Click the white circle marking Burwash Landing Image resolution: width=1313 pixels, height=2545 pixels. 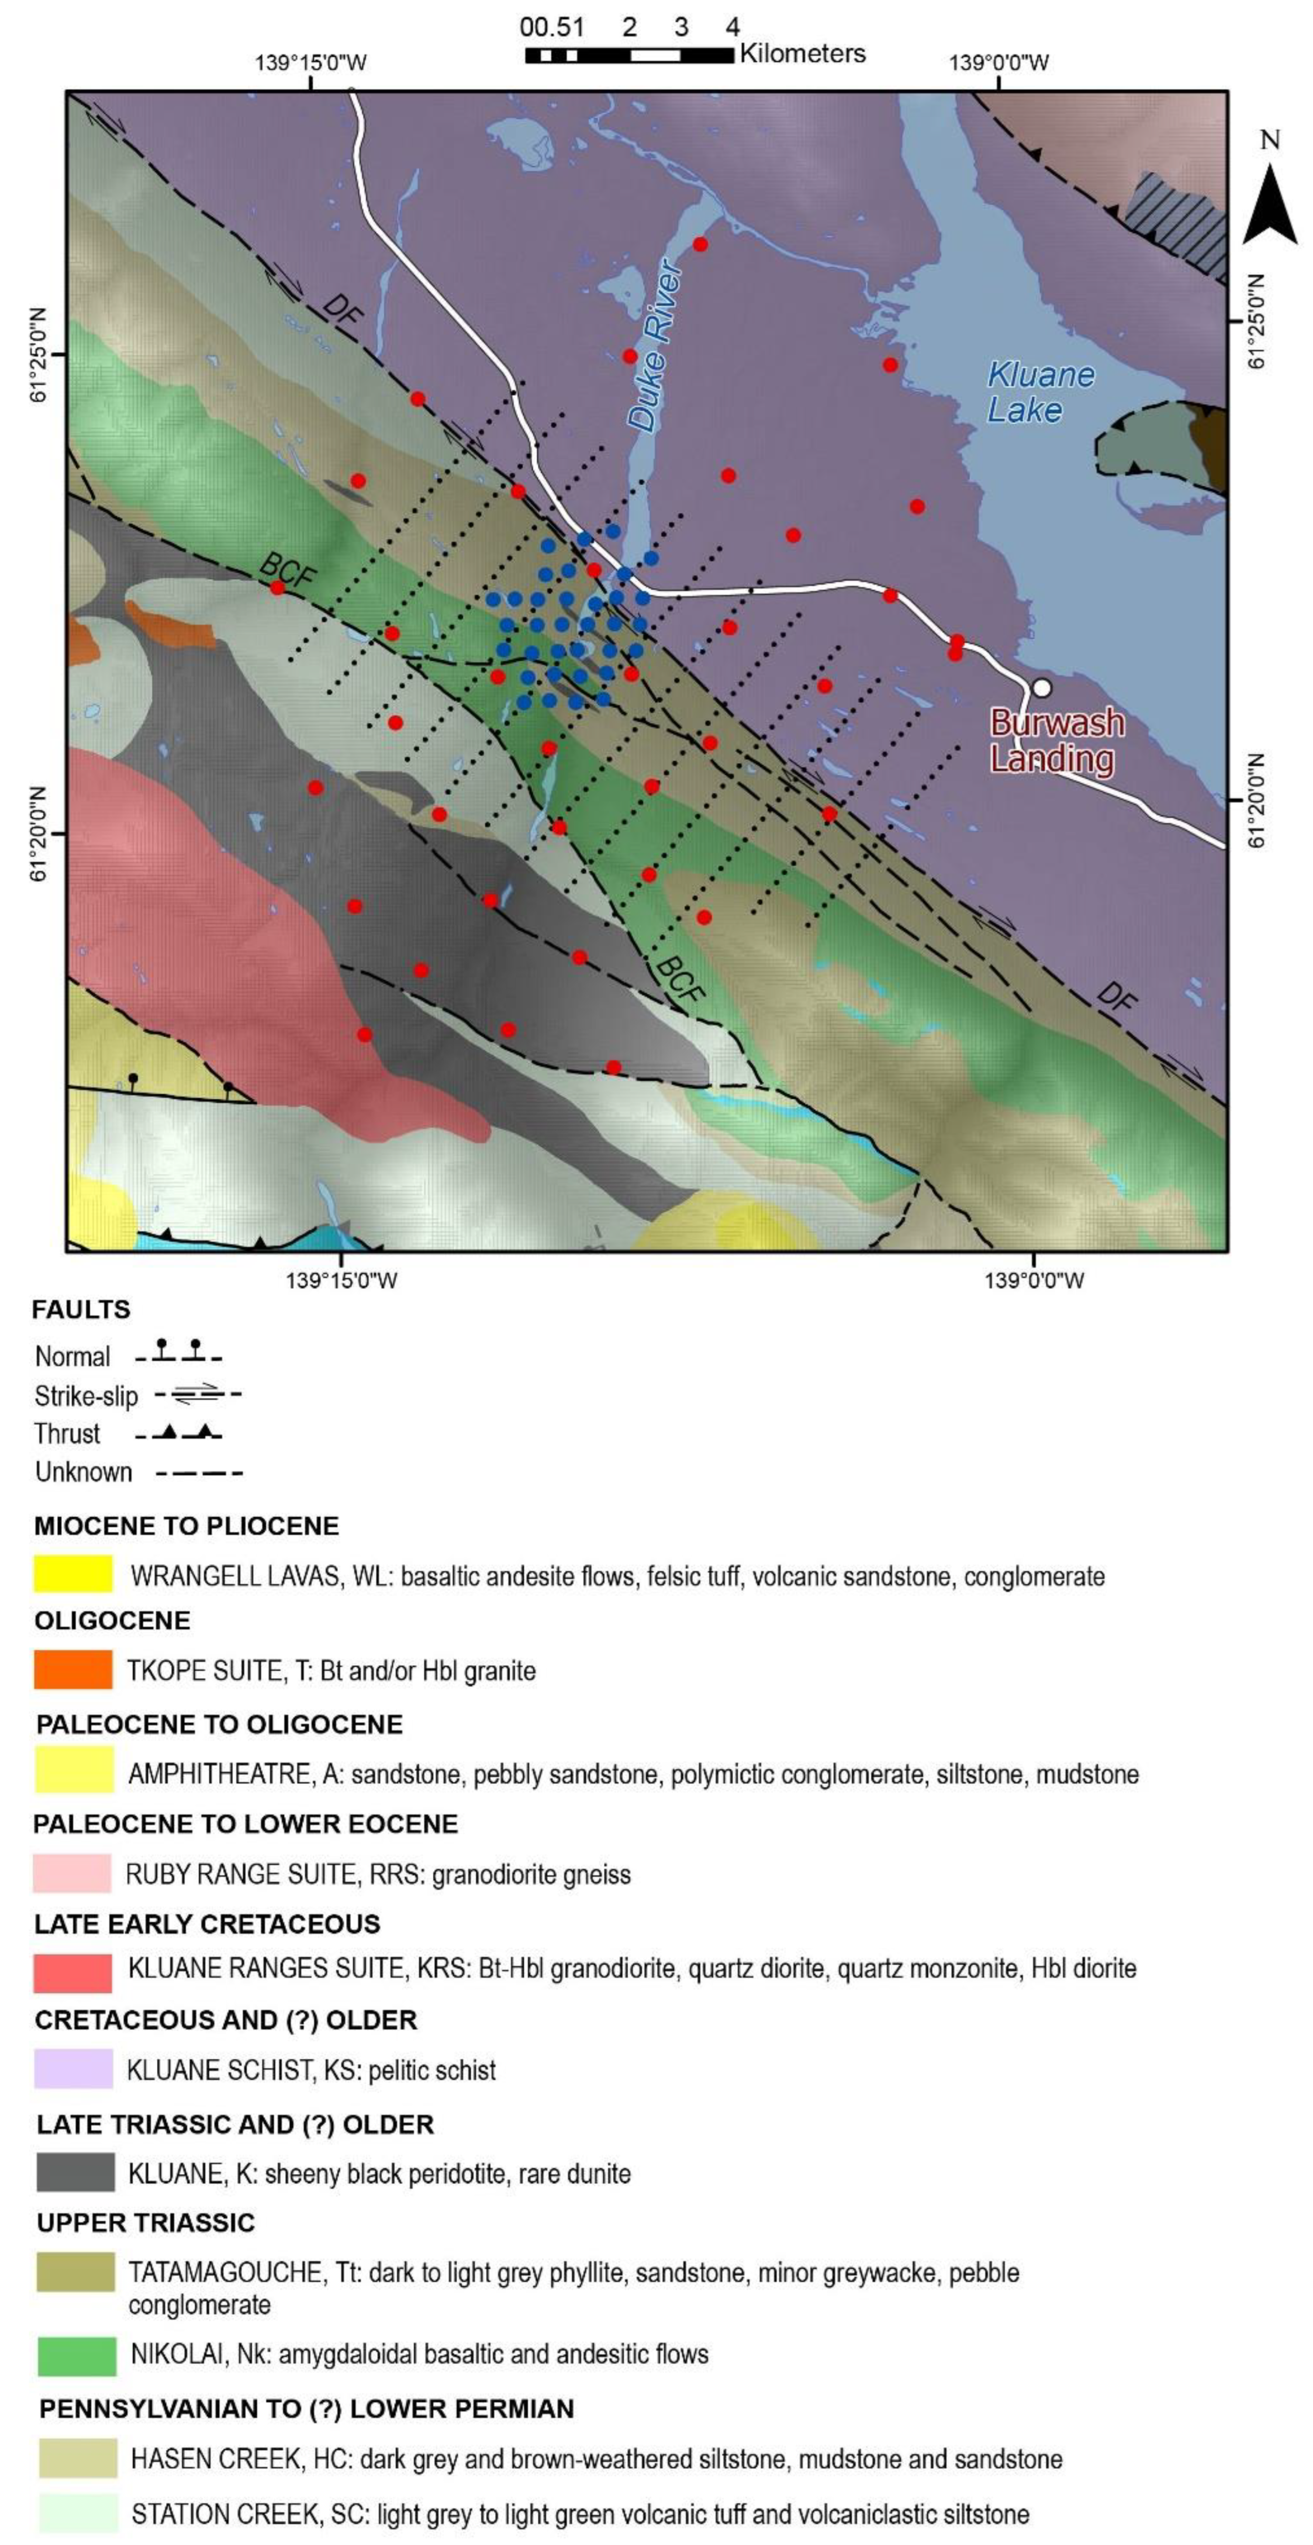[1040, 688]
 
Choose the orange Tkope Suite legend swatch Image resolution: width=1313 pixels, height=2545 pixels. [73, 1670]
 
